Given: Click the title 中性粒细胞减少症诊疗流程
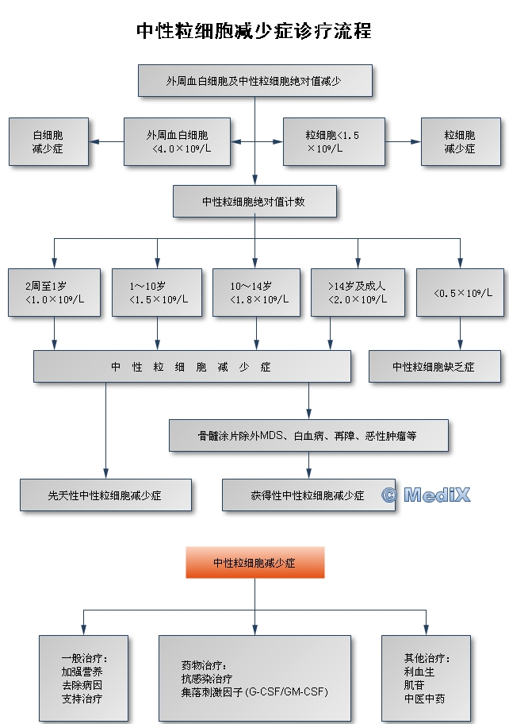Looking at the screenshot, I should coord(254,31).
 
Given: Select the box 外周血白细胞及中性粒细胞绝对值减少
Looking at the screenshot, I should coord(254,81).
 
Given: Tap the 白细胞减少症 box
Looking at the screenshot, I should coord(48,142).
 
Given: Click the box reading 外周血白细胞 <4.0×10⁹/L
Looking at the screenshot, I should coord(177,142).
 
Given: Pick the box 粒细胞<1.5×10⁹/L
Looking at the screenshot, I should coord(334,142).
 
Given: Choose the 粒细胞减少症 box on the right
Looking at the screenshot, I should coord(460,142).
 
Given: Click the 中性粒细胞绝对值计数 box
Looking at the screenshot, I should coord(254,202).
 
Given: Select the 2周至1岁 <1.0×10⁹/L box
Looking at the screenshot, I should coord(54,292).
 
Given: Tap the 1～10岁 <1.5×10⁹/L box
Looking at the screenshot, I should coord(158,292).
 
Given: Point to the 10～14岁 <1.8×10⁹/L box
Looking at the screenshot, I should coord(256,292).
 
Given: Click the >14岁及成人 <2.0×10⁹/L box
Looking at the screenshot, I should coord(358,292).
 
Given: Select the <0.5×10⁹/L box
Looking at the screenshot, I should coord(461,292).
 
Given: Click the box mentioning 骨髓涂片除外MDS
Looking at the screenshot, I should coord(308,435).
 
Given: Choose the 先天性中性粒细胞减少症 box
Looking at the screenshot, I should coord(105,495).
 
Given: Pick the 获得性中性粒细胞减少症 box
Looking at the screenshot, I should coord(308,495).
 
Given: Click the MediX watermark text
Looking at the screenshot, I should coord(427,495).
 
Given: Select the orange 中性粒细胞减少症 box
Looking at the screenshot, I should coord(254,562).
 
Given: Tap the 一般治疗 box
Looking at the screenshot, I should coord(83,678).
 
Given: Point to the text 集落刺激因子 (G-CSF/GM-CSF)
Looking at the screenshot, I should coord(254,691).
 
